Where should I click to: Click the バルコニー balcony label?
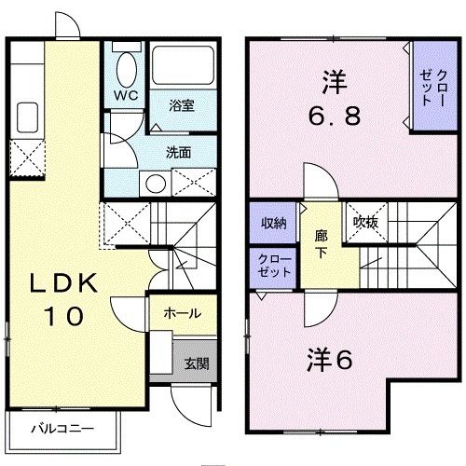point(58,430)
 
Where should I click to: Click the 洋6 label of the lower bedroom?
point(330,358)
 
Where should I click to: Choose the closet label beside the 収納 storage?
point(273,264)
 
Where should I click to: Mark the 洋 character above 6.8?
point(334,82)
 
